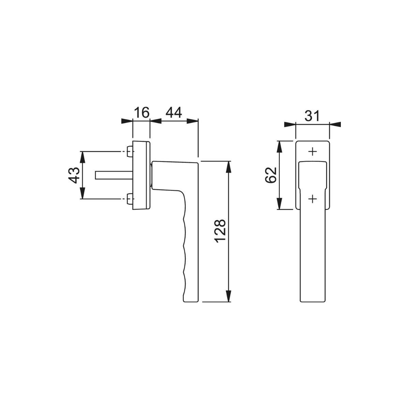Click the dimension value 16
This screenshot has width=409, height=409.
coord(141,112)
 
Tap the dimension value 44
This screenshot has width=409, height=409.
coord(174,112)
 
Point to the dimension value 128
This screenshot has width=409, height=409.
coord(221,231)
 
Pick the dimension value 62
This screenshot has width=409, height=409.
coord(270,175)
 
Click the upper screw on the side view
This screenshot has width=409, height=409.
coord(130,151)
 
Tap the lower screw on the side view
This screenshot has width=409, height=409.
coord(130,199)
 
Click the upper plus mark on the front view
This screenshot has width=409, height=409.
coord(312,151)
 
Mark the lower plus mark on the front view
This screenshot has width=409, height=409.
coord(312,198)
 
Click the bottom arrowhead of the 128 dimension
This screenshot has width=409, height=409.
coord(229,296)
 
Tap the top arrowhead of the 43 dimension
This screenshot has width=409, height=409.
coord(82,156)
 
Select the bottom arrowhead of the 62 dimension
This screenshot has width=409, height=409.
coord(279,204)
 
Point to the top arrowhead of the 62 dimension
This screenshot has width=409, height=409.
coord(279,146)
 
